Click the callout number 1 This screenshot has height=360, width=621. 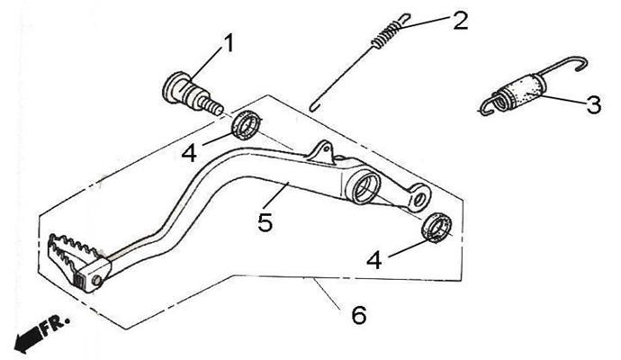[x=229, y=43]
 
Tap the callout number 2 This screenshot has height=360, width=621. [x=461, y=21]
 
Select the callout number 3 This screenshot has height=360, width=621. [x=593, y=105]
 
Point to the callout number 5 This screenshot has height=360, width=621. [x=265, y=221]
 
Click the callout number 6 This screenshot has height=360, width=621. [x=359, y=315]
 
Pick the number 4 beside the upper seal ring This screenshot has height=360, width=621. [x=189, y=152]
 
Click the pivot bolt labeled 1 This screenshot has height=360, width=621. [x=193, y=94]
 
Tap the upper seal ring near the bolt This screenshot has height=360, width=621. [x=247, y=125]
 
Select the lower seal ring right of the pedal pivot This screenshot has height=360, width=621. [x=436, y=228]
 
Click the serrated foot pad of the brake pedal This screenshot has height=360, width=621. [x=73, y=257]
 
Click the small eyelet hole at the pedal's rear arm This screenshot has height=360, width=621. [x=418, y=200]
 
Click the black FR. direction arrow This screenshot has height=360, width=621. [x=29, y=339]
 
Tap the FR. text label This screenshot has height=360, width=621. [x=55, y=323]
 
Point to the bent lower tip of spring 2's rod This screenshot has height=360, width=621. [x=314, y=107]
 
